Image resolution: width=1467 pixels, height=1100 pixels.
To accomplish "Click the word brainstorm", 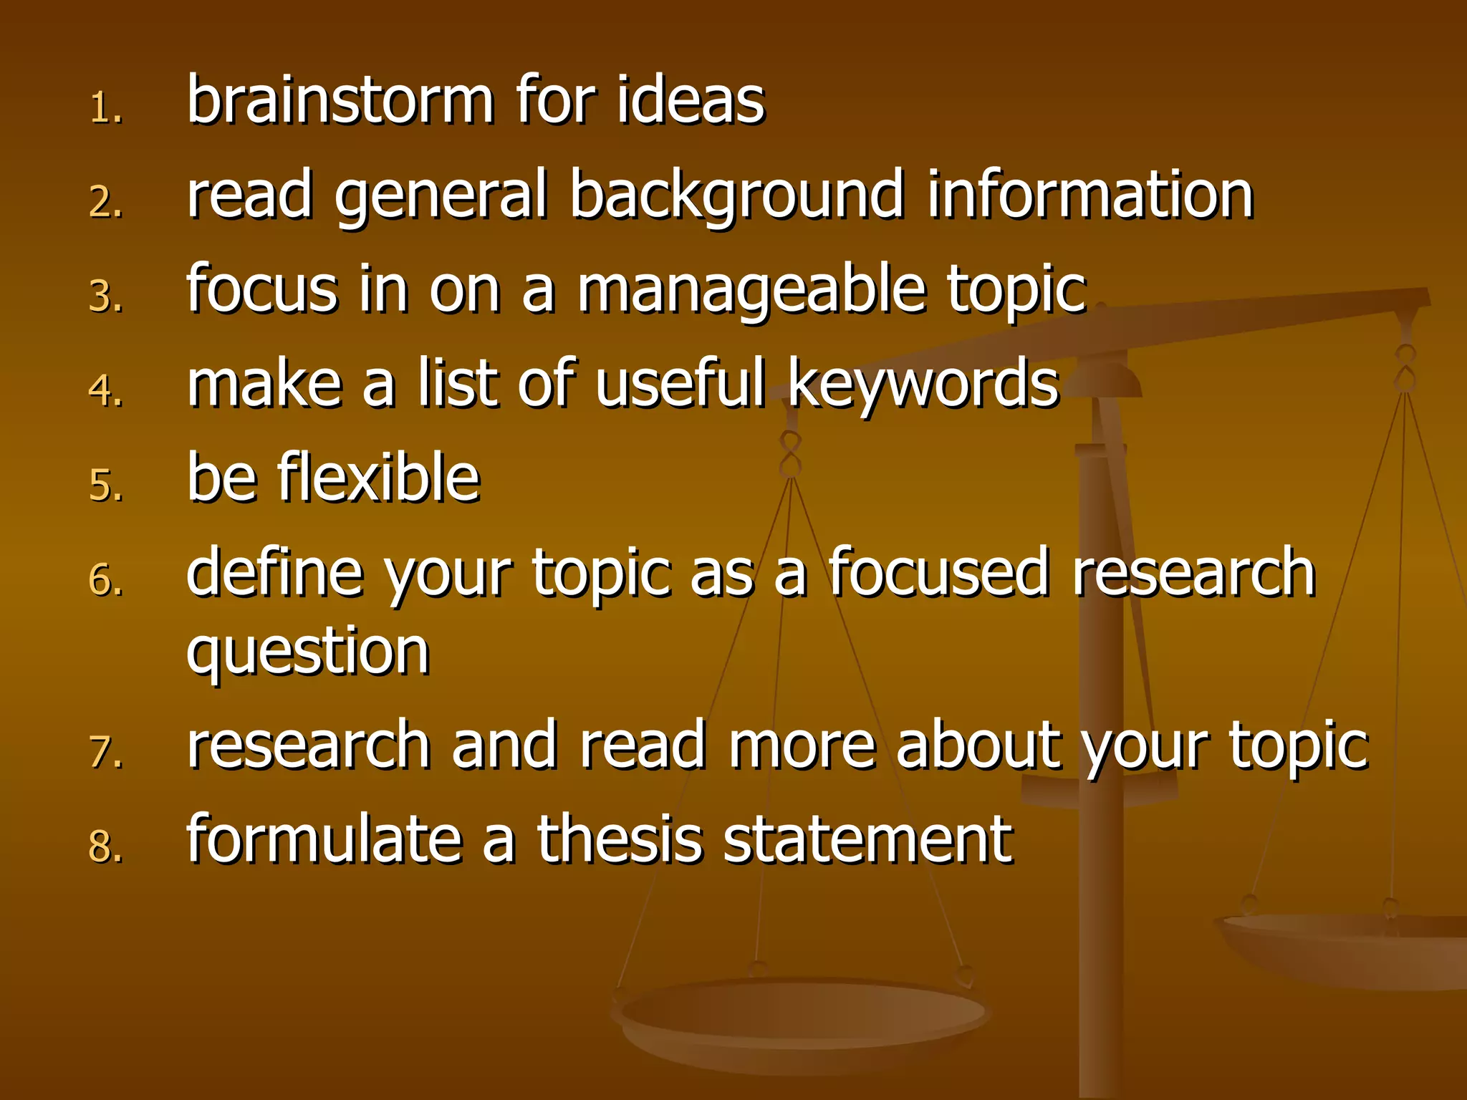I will pos(340,100).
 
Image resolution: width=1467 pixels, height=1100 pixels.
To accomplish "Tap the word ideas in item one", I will pos(691,100).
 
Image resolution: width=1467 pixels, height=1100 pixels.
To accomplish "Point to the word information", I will pos(1090,196).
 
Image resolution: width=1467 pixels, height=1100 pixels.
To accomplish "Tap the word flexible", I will pos(379,478).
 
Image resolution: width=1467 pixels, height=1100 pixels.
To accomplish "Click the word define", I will pos(276,572).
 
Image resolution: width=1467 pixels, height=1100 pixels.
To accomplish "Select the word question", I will pos(308,652).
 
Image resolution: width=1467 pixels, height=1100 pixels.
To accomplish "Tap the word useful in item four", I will pos(680,383).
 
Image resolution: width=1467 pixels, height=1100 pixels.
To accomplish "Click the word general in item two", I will pos(441,196).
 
